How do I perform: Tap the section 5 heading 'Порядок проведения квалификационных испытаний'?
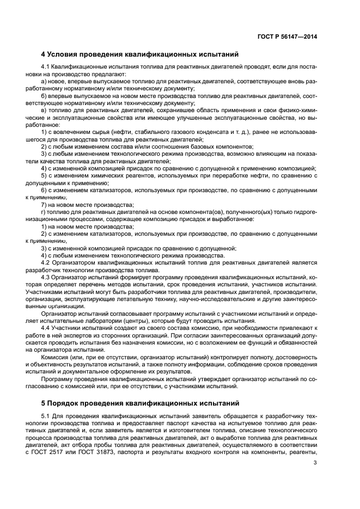pyautogui.click(x=141, y=403)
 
